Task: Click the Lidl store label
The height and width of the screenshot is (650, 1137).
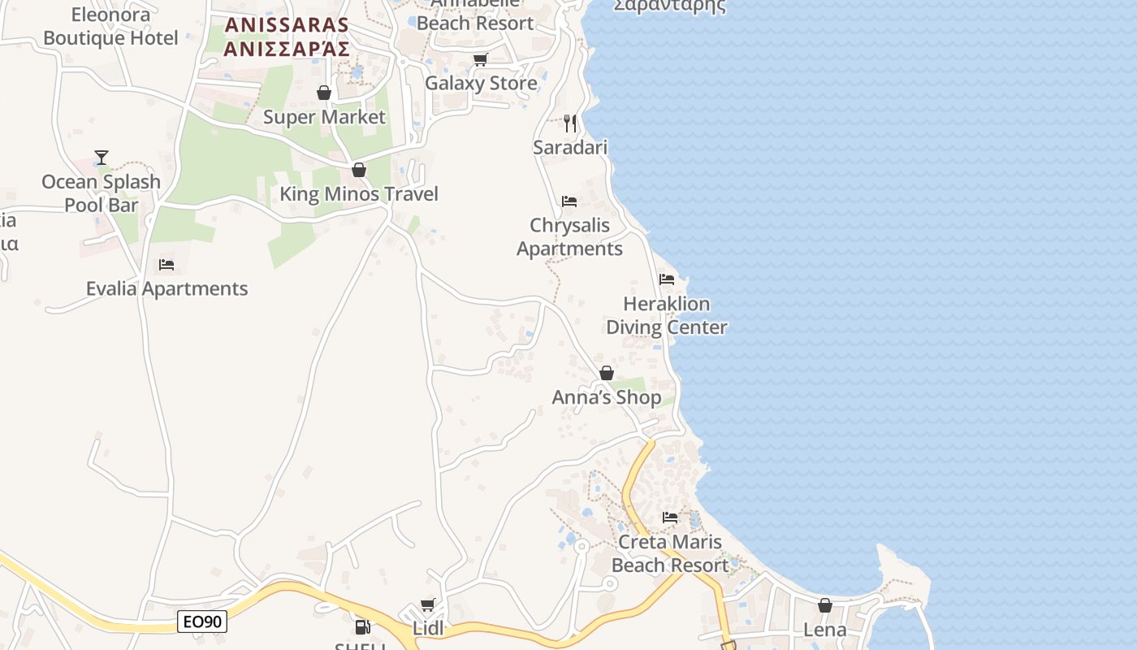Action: point(428,629)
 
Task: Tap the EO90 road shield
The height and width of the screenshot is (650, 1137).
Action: point(202,622)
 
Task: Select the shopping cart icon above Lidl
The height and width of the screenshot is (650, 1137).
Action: point(428,605)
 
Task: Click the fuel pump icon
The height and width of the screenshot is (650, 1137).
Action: point(362,626)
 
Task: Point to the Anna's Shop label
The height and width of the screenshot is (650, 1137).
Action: point(607,397)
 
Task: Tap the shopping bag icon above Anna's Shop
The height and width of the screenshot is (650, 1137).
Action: point(607,373)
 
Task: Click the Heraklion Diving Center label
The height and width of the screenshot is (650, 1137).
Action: point(666,315)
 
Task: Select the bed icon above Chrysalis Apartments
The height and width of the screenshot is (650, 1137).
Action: point(569,201)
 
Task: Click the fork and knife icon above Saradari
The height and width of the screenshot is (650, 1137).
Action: point(570,123)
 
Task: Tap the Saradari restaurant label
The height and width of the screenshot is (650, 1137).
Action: point(570,147)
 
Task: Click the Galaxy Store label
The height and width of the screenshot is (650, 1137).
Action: point(481,83)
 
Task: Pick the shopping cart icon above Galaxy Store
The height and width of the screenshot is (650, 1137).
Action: point(481,59)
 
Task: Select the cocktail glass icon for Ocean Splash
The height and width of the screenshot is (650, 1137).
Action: point(102,157)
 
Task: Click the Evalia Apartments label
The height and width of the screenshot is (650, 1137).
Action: point(166,288)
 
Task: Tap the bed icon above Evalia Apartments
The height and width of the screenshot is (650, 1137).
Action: point(166,265)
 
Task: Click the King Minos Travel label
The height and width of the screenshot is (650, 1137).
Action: point(359,193)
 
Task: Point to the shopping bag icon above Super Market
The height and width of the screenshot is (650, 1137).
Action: point(324,93)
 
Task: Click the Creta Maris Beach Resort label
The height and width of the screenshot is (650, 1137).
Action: point(670,553)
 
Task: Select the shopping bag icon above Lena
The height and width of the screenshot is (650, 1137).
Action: point(825,605)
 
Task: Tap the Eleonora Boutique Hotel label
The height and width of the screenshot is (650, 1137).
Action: point(110,26)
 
